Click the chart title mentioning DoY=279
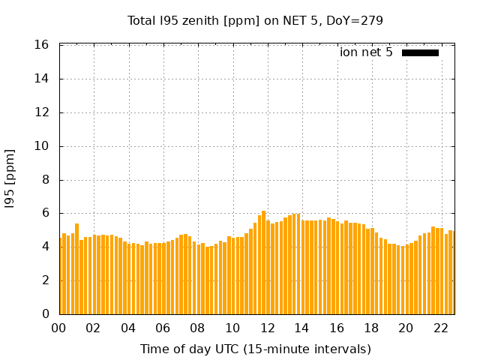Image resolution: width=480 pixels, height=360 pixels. coord(255,20)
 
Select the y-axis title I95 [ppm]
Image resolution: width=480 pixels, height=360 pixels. coord(10,179)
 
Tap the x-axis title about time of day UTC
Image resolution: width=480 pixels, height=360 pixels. coord(255,349)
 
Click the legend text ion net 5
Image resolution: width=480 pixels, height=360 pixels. coord(366,52)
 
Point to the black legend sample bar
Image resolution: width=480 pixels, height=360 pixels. coord(420,52)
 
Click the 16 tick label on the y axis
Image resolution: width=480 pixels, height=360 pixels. coord(42,45)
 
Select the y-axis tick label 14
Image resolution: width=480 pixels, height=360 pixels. coord(42,79)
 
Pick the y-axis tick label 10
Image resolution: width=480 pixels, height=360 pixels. coord(42,146)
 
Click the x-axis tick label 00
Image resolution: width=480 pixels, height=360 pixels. coord(58,328)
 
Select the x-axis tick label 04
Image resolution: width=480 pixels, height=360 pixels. coord(128,328)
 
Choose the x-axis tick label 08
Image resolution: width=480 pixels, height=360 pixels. coord(197,328)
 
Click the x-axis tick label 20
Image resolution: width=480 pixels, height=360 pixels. coord(406,328)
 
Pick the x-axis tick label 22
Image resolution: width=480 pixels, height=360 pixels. coord(441,328)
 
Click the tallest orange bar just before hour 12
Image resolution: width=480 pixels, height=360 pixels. coord(263,262)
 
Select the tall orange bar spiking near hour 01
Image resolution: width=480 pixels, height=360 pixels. coord(76,268)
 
